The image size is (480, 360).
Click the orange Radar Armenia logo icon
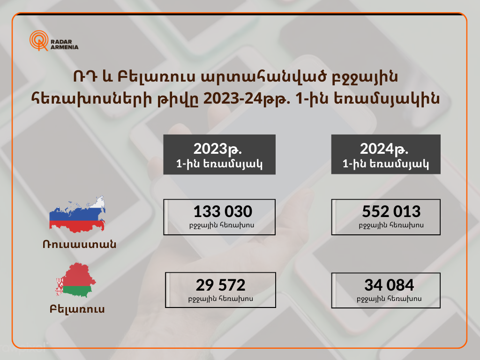pos(39,40)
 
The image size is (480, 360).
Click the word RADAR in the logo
pos(61,42)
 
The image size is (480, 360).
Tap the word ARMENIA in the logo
pos(64,47)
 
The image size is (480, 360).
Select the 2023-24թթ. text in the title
pos(247,98)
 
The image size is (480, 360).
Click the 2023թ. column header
pos(219,154)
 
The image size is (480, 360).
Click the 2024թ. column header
pos(386,154)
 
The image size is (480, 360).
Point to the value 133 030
pos(223,211)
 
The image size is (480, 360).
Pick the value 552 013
pos(391,211)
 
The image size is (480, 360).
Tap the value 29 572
pos(221,285)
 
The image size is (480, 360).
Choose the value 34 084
pos(389,285)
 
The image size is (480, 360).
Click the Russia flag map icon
pos(77,214)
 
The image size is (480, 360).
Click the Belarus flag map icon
pos(75,280)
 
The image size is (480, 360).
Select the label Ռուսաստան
pos(80,244)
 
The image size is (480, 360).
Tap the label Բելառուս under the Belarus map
pos(77,309)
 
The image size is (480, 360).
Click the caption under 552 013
pos(391,225)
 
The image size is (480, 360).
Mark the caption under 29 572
pos(221,299)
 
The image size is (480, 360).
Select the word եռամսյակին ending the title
pos(386,98)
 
